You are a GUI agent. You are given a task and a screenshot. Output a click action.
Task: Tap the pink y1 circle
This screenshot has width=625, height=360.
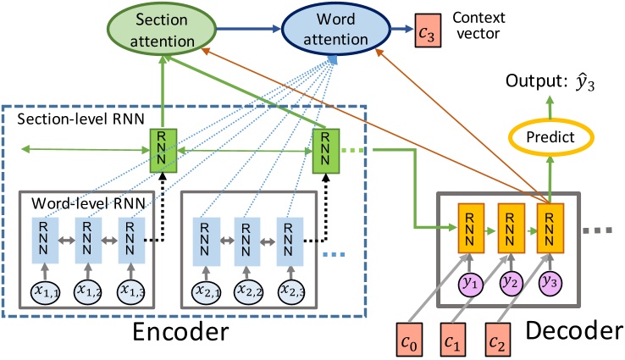(x=470, y=282)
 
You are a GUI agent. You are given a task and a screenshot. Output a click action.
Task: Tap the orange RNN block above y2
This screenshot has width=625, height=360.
(x=510, y=226)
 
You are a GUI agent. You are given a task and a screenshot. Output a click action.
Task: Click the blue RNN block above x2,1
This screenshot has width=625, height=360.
(x=206, y=240)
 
